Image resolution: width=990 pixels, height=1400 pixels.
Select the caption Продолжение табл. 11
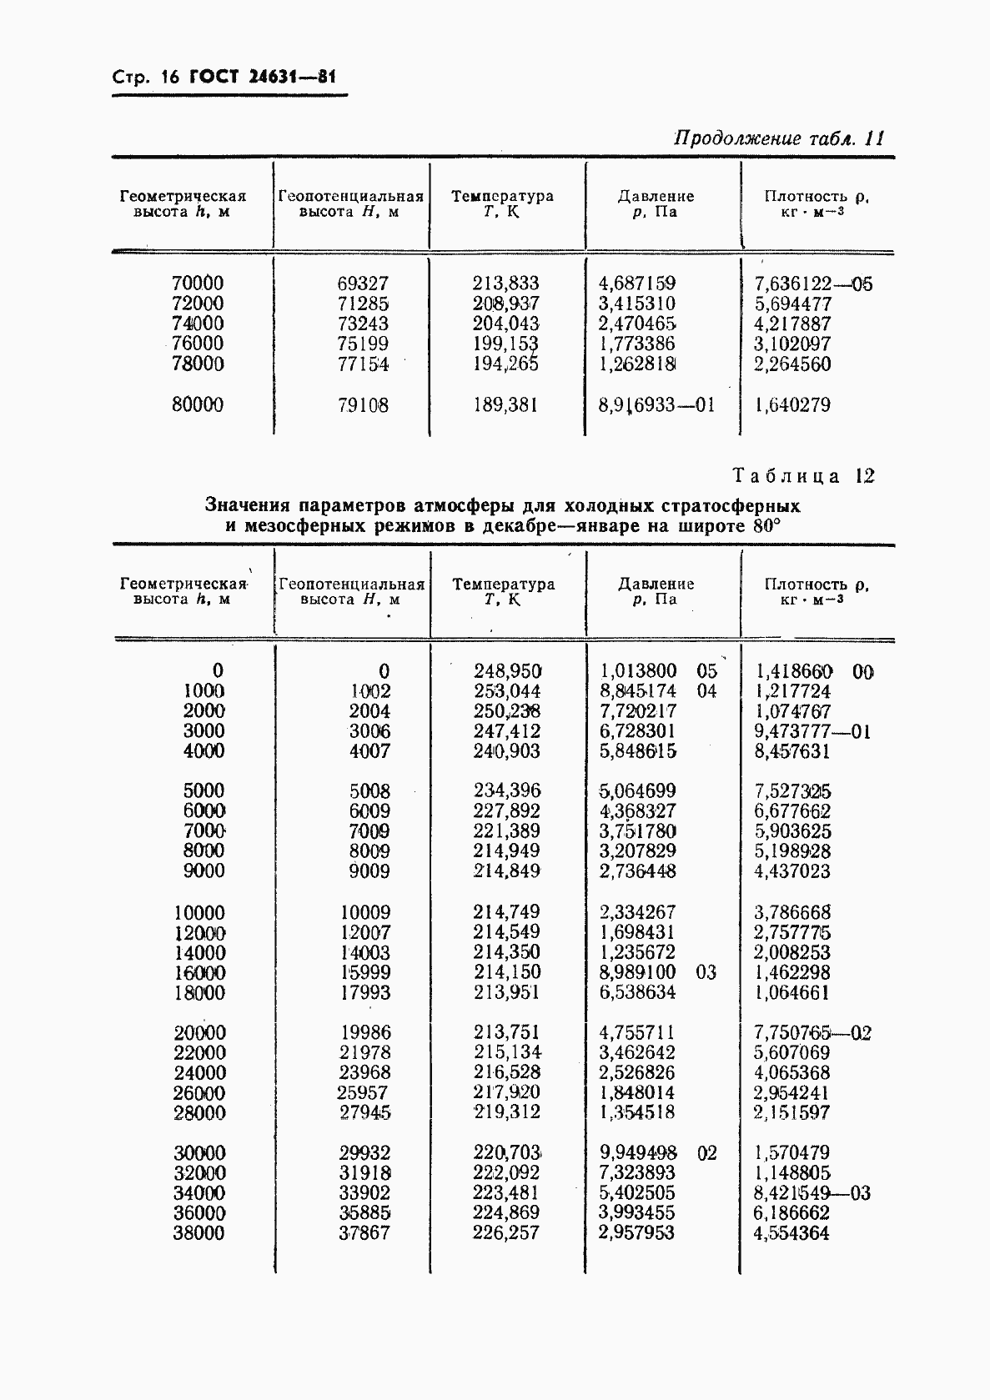tap(778, 138)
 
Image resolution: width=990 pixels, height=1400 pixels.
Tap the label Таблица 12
tap(803, 476)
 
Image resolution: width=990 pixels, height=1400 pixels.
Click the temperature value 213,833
tap(505, 284)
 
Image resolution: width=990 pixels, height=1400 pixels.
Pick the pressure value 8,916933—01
tap(656, 405)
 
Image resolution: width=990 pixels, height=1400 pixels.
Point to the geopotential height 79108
tap(364, 405)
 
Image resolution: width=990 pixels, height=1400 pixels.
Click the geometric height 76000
tap(197, 344)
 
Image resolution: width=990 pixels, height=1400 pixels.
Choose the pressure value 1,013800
tap(638, 670)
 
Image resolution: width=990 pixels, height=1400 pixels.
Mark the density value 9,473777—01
tap(812, 731)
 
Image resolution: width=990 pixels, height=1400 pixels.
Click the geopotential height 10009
tap(365, 912)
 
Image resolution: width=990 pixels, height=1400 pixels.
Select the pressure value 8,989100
tap(638, 972)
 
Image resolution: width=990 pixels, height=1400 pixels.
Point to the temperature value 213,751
tap(506, 1032)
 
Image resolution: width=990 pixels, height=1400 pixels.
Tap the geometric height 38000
tap(199, 1233)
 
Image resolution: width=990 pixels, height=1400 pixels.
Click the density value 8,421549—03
tap(812, 1193)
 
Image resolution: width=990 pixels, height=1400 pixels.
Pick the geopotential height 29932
tap(364, 1153)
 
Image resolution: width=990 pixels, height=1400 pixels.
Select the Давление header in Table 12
tap(656, 584)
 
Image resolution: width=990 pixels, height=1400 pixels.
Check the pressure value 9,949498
tap(638, 1153)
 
